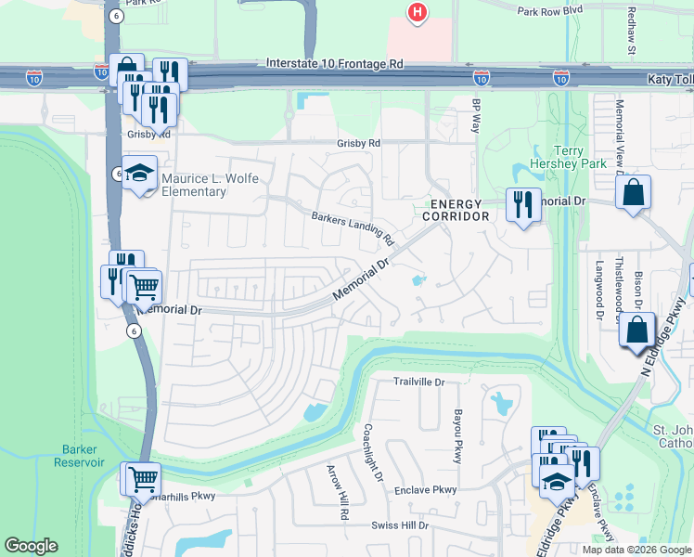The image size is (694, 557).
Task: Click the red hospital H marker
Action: click(418, 12)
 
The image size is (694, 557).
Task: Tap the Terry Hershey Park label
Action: click(580, 158)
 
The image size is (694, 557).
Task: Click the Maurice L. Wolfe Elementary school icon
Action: click(140, 174)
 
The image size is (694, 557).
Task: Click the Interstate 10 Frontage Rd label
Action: click(334, 64)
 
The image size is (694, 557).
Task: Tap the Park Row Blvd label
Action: click(549, 11)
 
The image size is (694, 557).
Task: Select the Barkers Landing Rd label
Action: click(353, 225)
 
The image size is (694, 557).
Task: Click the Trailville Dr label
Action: click(419, 382)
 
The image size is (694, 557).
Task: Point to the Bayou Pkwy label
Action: click(457, 433)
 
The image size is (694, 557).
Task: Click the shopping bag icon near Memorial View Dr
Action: click(634, 193)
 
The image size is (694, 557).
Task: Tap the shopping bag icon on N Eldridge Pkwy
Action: click(638, 331)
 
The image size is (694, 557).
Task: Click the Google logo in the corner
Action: click(31, 546)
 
